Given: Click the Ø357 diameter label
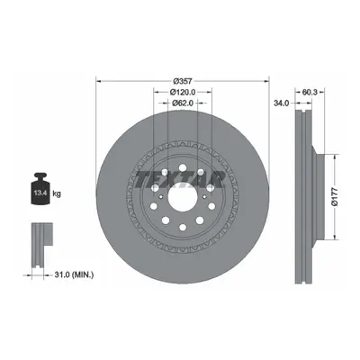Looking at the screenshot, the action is pyautogui.click(x=183, y=81).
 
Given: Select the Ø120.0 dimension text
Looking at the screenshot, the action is pyautogui.click(x=183, y=92).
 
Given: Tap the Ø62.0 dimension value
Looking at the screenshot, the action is pyautogui.click(x=183, y=103).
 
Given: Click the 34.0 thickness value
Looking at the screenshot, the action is pyautogui.click(x=281, y=103).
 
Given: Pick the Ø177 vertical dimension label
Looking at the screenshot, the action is pyautogui.click(x=335, y=197).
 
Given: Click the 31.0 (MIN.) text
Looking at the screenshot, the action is pyautogui.click(x=74, y=274).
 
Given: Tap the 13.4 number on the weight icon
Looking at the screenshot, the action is pyautogui.click(x=40, y=193).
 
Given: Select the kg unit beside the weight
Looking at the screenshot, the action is pyautogui.click(x=57, y=193).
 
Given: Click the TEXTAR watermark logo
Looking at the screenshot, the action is pyautogui.click(x=180, y=180).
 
